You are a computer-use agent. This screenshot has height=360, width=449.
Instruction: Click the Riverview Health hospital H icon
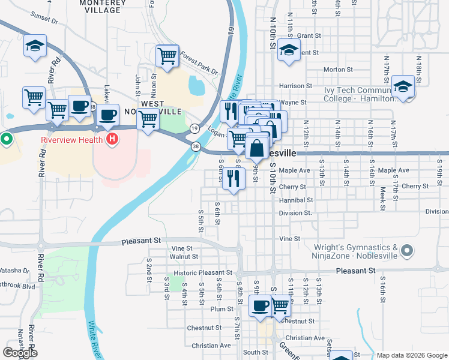111,140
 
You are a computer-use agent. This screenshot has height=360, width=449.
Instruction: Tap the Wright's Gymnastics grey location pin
408,250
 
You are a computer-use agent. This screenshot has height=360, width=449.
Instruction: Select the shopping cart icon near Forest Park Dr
167,56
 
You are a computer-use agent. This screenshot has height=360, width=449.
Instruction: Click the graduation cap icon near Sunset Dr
35,46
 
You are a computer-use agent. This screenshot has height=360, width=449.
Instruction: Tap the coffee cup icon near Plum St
260,305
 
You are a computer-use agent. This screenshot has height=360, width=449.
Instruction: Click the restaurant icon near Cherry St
234,178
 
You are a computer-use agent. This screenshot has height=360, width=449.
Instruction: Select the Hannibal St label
296,200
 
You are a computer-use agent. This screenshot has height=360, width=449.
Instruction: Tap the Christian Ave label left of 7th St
211,346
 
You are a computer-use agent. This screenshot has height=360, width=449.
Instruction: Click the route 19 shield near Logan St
194,128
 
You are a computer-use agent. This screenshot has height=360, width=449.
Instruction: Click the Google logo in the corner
20,353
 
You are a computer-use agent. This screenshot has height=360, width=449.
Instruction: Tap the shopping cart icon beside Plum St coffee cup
280,305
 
